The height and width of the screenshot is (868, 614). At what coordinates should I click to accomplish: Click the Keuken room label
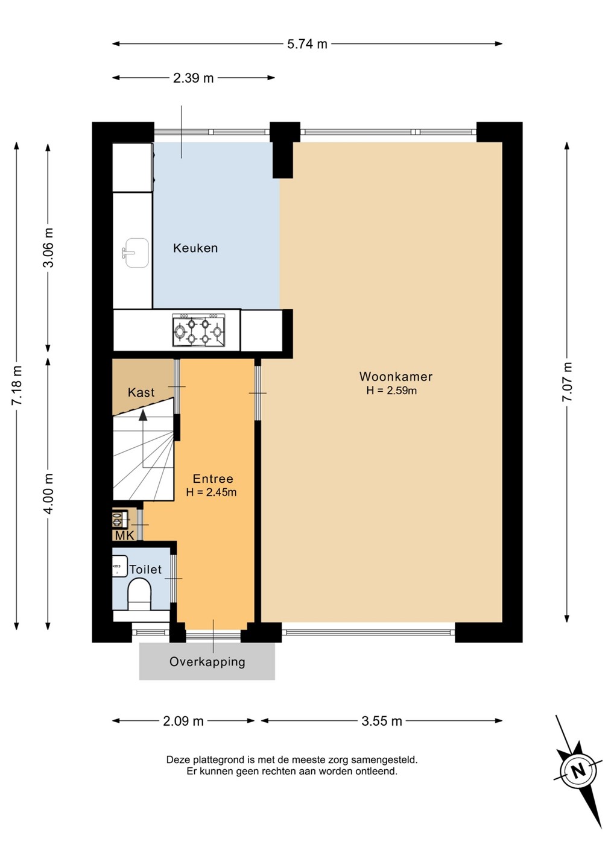point(195,248)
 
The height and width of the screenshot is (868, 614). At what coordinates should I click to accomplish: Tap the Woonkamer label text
point(396,376)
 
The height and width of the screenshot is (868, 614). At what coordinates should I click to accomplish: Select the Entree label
point(213,479)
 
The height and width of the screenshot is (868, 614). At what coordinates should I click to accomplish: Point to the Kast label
point(141,392)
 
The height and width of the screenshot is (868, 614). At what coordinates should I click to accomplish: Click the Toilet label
point(145,569)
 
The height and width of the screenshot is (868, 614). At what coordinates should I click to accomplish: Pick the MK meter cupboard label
point(125,536)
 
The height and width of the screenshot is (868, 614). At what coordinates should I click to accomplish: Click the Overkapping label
point(207,661)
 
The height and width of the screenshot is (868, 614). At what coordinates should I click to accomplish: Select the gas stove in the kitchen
point(198,330)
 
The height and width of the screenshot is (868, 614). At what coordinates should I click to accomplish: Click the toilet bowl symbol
point(140,594)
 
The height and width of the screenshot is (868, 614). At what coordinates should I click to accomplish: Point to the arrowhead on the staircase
point(143,415)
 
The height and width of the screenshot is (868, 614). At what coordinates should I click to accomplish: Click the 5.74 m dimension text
point(307,44)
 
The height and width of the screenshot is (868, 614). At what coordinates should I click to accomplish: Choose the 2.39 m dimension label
point(193,78)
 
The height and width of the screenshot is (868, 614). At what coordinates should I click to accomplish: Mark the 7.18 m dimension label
point(17,386)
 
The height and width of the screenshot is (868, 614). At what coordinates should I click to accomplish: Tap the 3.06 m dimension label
point(48,248)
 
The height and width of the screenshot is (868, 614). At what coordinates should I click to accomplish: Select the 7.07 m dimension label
point(567,382)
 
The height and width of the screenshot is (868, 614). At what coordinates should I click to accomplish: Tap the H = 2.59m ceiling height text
point(391,391)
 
